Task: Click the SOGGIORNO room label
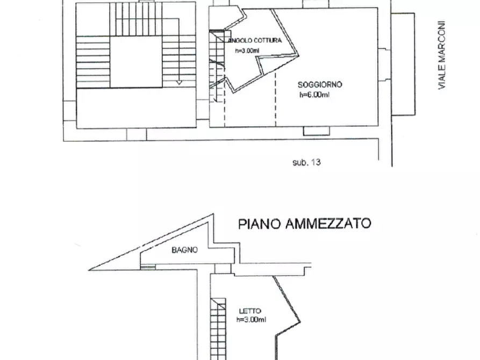pyautogui.click(x=320, y=85)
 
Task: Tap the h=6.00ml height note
pyautogui.click(x=314, y=95)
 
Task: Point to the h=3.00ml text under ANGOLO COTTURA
pyautogui.click(x=247, y=52)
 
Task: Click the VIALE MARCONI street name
pyautogui.click(x=442, y=55)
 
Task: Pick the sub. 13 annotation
pyautogui.click(x=306, y=161)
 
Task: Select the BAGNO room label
pyautogui.click(x=185, y=249)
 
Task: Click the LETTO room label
pyautogui.click(x=250, y=311)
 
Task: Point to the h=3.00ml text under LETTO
pyautogui.click(x=251, y=320)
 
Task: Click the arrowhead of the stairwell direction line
pyautogui.click(x=179, y=82)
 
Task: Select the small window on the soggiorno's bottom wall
pyautogui.click(x=316, y=131)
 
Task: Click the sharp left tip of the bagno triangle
pyautogui.click(x=91, y=268)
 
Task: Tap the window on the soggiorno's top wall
pyautogui.click(x=316, y=3)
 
